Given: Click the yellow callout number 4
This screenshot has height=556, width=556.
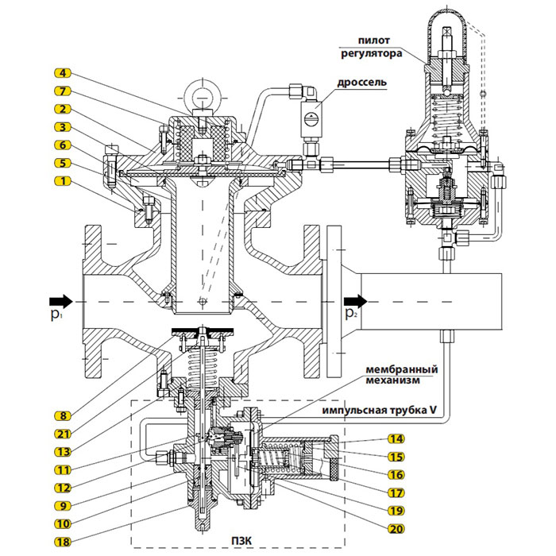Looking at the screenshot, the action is (x=63, y=73).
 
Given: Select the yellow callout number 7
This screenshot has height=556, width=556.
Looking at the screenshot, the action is (x=63, y=91).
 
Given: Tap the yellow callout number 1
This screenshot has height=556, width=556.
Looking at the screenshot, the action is (x=63, y=181).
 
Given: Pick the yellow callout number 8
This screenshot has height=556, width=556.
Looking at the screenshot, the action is (x=63, y=415).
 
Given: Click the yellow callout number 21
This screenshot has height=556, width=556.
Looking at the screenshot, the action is (x=63, y=434).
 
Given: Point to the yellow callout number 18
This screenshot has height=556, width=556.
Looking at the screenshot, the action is (x=63, y=542).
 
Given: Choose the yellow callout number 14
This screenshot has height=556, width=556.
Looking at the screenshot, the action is (x=396, y=439).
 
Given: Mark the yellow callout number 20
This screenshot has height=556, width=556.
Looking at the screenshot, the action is (x=396, y=529).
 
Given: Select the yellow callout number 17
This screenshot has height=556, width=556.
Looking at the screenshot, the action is (x=396, y=493).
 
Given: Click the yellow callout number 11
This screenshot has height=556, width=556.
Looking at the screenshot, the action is (x=63, y=470).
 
